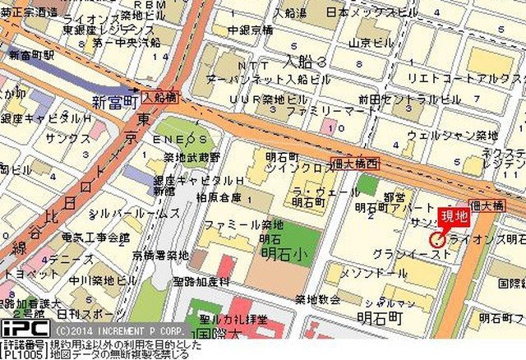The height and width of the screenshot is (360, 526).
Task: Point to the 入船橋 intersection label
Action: click(x=159, y=96)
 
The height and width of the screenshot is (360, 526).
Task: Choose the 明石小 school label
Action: click(x=276, y=253)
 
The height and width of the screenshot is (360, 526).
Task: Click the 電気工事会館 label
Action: click(x=96, y=238)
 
